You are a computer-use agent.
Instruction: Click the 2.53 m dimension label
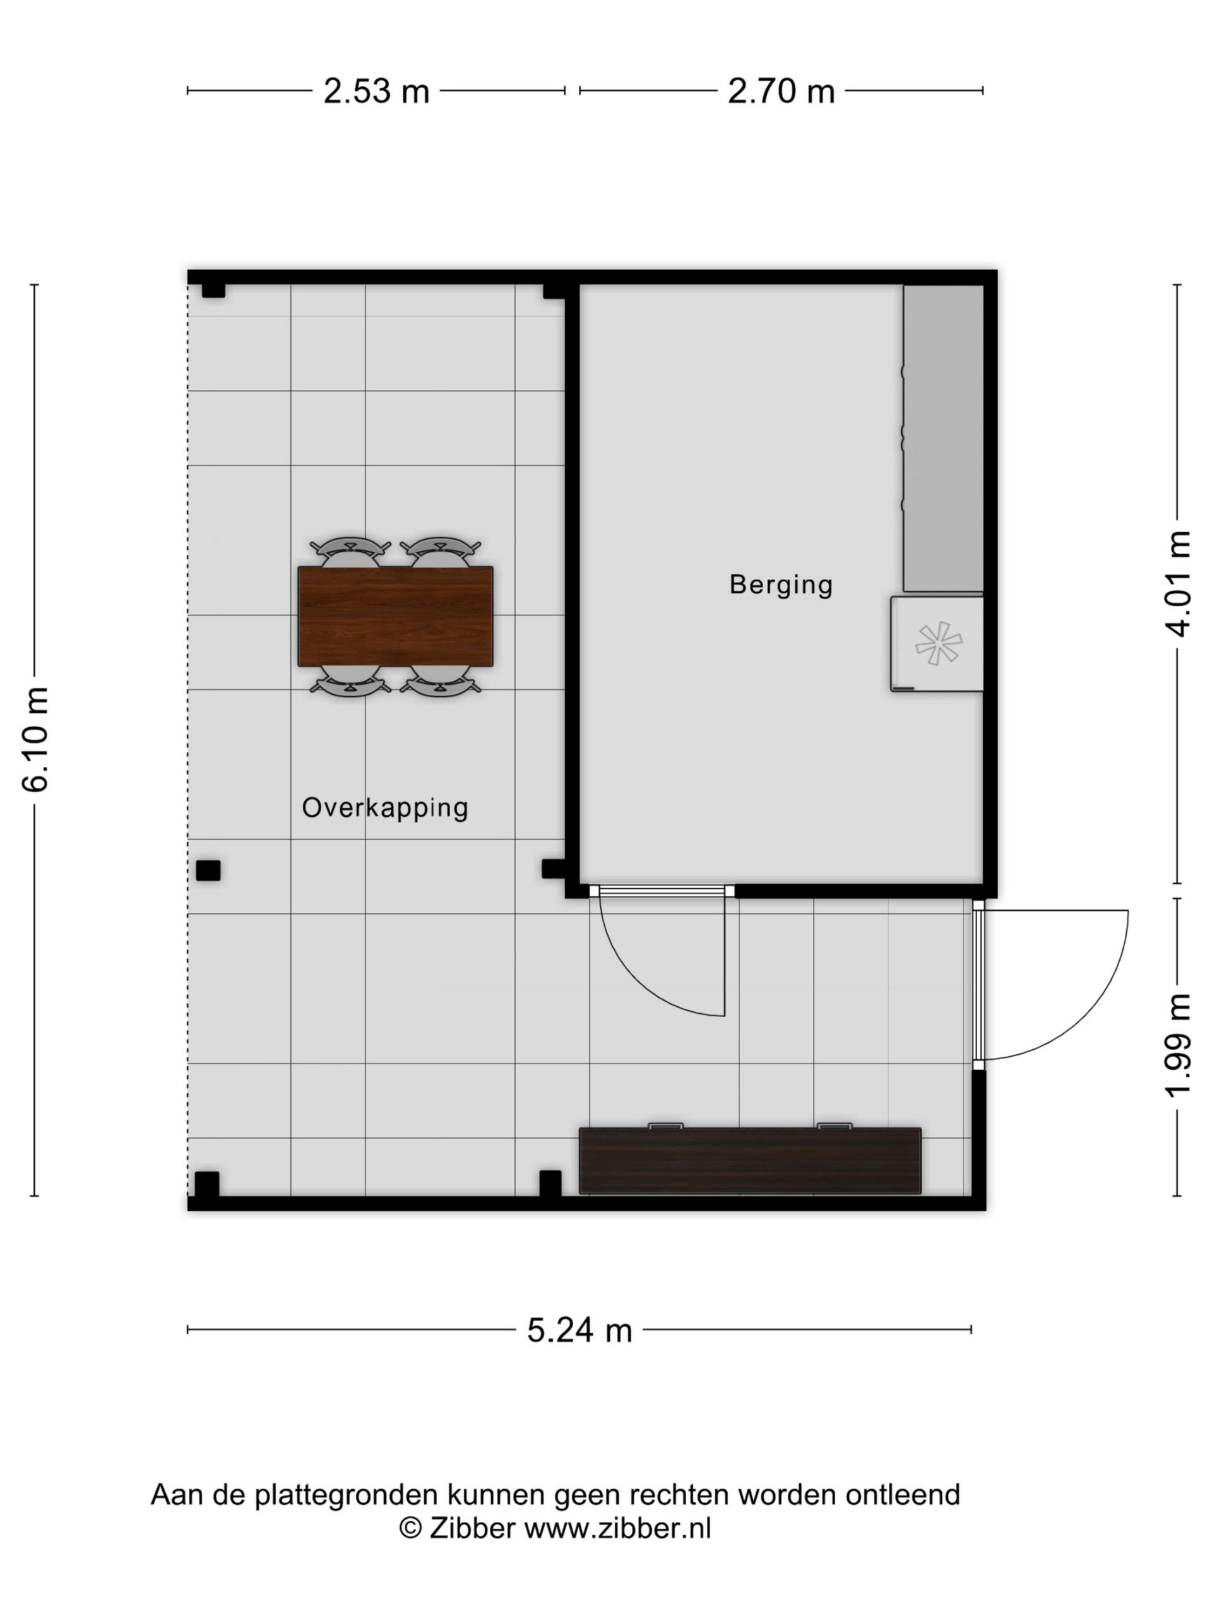376,92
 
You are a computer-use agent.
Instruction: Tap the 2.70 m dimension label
781,92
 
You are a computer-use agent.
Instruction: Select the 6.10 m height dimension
35,739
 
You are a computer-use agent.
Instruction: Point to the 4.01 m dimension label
1178,584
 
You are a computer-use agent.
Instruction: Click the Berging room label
781,585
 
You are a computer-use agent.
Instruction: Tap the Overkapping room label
385,808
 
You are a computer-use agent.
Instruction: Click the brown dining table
395,616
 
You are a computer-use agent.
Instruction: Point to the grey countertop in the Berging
943,437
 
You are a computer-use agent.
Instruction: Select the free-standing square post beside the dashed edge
208,870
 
